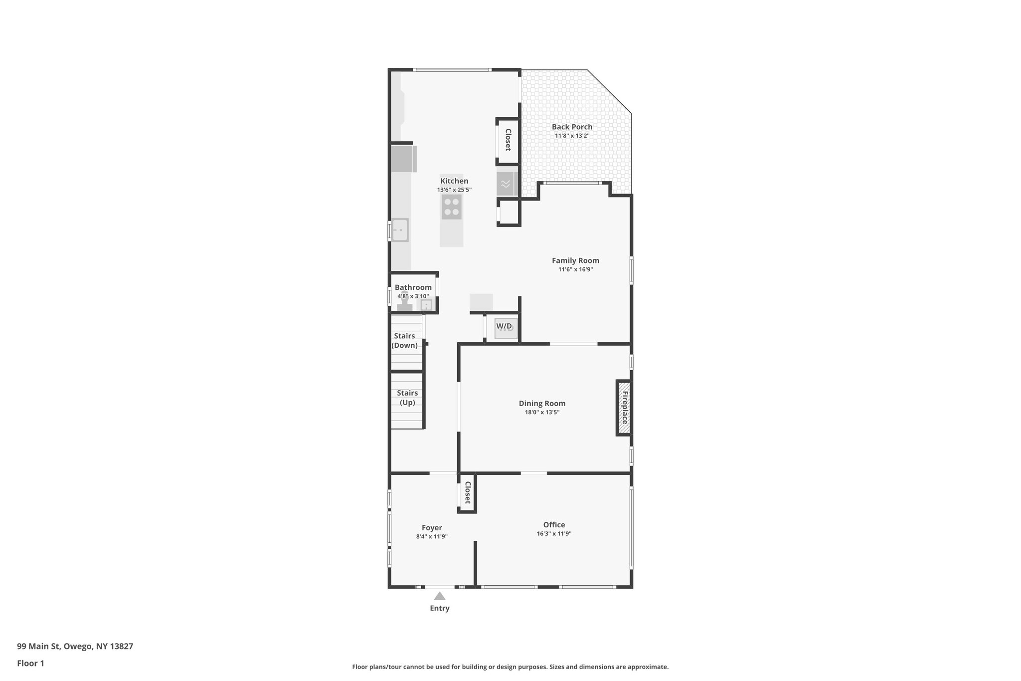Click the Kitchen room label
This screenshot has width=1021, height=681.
click(x=454, y=181)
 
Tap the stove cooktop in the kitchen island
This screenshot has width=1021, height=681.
click(x=452, y=207)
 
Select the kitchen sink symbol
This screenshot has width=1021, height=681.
click(x=399, y=230)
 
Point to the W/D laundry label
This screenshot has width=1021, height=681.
click(x=504, y=326)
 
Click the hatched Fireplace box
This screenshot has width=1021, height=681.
click(x=624, y=408)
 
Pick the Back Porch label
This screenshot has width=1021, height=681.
click(x=572, y=127)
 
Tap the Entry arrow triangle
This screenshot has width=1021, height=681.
click(x=439, y=596)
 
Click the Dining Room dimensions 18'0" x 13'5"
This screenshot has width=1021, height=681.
click(x=542, y=412)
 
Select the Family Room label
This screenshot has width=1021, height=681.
click(x=575, y=260)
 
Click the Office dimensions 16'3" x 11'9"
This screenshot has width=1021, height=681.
click(x=554, y=533)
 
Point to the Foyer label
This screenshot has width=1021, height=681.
click(x=432, y=528)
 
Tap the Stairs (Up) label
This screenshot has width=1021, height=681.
click(x=407, y=398)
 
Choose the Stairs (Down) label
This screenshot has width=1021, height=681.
click(x=404, y=340)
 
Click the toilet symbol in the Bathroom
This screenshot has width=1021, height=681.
click(x=405, y=306)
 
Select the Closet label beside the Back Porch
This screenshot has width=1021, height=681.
click(x=508, y=140)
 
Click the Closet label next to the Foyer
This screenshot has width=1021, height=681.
click(x=468, y=492)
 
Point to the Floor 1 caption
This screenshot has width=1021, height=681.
click(x=30, y=664)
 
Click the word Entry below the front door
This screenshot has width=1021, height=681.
click(x=439, y=608)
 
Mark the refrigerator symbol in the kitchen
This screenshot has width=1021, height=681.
click(x=403, y=159)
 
